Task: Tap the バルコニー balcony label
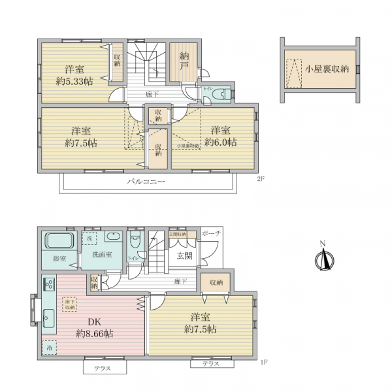146,182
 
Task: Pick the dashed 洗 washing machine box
90,239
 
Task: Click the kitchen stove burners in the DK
48,285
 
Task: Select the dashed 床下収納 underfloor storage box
71,304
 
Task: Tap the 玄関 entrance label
184,256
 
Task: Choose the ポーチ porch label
212,233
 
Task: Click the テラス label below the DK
102,368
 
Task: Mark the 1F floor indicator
264,362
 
